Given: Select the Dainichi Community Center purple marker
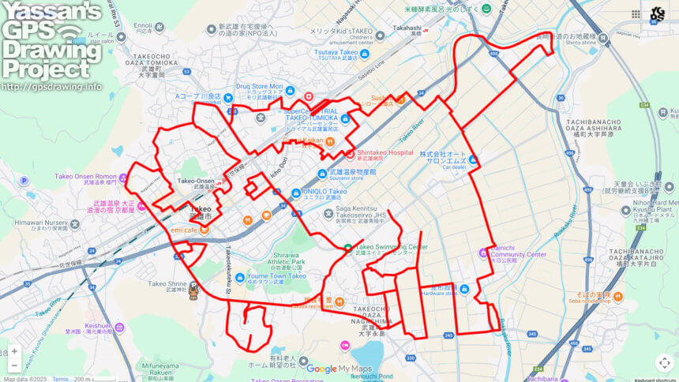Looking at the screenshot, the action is pyautogui.click(x=483, y=253).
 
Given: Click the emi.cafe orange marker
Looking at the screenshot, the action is pyautogui.click(x=204, y=230).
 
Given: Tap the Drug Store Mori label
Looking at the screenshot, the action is pyautogui.click(x=259, y=86).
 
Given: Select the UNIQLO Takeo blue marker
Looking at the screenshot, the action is pyautogui.click(x=295, y=192).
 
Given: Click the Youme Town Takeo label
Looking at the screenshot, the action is pyautogui.click(x=276, y=276).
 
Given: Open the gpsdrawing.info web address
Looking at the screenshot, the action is pyautogui.click(x=52, y=86).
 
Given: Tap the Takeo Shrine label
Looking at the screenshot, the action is pyautogui.click(x=166, y=283).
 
